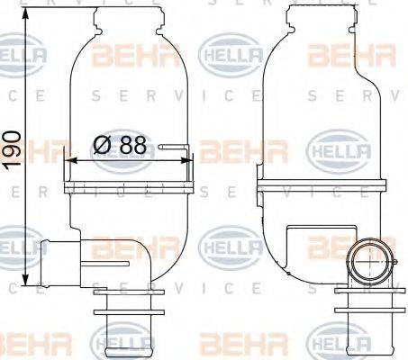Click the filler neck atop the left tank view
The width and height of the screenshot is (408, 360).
pos(130,14)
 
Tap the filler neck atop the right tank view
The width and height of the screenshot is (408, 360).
pos(314,14)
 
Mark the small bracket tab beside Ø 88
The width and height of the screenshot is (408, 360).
pos(175,145)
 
